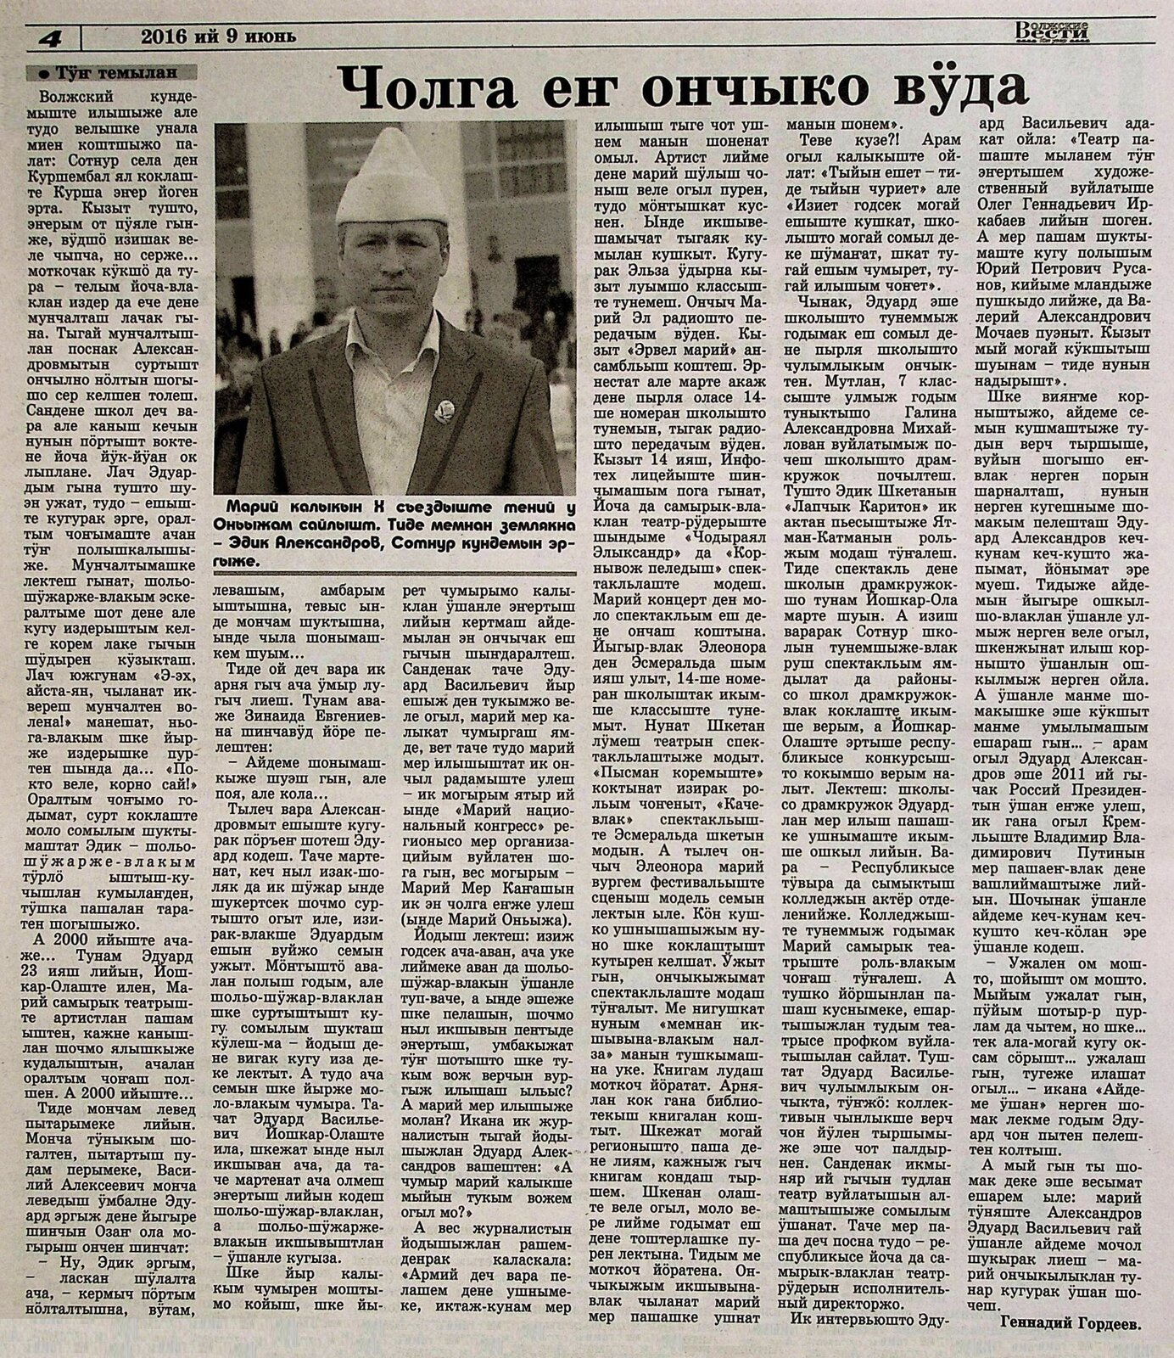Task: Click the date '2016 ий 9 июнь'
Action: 218,37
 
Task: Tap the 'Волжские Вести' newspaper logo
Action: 1054,31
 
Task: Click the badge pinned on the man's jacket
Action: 444,412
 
